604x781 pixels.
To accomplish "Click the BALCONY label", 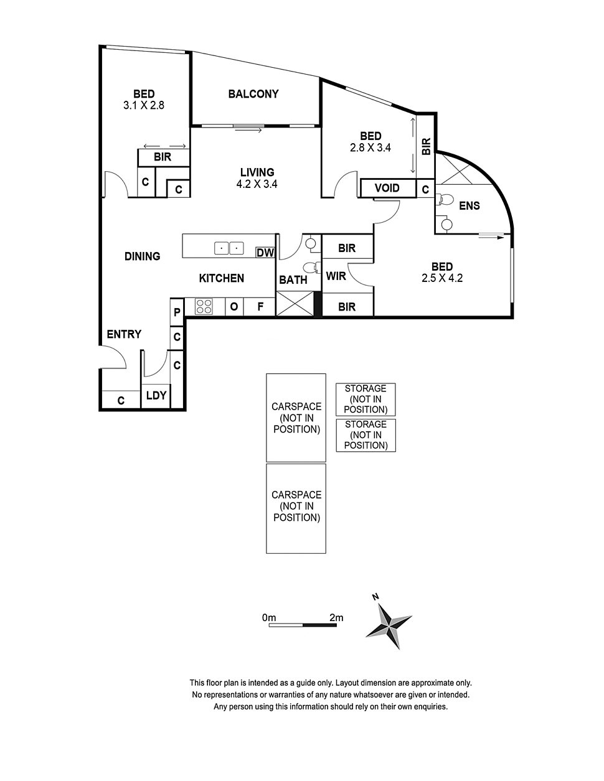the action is tap(253, 94).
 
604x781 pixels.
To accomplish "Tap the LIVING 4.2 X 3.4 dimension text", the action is tap(257, 184).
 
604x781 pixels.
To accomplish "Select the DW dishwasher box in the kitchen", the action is tap(265, 253).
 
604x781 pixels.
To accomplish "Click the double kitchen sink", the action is tap(229, 248).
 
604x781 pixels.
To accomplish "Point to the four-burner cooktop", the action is tap(204, 307).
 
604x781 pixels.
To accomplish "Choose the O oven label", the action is tap(234, 307).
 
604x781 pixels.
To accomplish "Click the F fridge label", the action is tap(261, 307).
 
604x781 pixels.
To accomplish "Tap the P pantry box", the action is tap(177, 312).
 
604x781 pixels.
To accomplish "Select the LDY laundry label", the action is tap(156, 396).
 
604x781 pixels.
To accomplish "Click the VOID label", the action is tap(387, 188).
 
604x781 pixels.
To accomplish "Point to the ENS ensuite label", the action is tap(470, 205).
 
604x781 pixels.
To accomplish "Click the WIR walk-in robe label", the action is tap(336, 276).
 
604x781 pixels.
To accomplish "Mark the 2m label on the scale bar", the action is tap(336, 618).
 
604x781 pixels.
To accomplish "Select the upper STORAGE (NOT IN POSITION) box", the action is tap(366, 400).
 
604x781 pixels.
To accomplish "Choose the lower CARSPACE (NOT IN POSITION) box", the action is tap(296, 508).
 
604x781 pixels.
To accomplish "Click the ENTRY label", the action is tap(124, 334).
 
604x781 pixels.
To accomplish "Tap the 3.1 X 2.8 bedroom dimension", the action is tap(144, 105).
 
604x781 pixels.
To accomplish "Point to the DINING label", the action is tap(143, 256).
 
